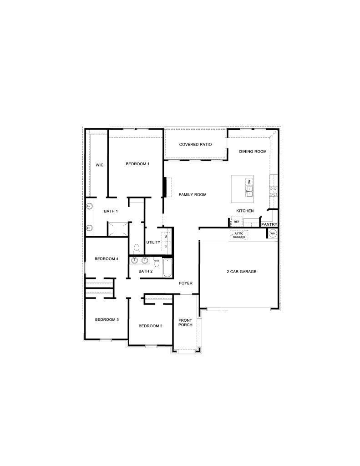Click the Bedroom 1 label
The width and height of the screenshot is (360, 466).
point(137,164)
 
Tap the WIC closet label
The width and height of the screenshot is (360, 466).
point(99,165)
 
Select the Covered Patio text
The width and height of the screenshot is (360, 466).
point(195,145)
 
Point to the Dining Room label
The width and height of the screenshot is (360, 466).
point(253,152)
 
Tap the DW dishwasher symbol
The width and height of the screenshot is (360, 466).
point(249,182)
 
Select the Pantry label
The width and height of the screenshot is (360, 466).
point(269,224)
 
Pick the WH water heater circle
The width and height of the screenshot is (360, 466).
point(273,233)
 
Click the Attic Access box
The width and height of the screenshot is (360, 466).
point(239,235)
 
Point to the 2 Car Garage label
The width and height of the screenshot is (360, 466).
point(242,272)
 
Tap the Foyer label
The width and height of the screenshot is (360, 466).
point(185,283)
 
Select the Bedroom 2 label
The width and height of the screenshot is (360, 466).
point(150,326)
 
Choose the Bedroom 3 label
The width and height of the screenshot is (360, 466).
point(107,319)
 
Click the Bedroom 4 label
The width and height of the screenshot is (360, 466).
point(106,259)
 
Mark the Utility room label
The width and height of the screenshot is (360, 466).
point(153,242)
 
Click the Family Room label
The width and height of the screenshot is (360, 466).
point(193,195)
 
